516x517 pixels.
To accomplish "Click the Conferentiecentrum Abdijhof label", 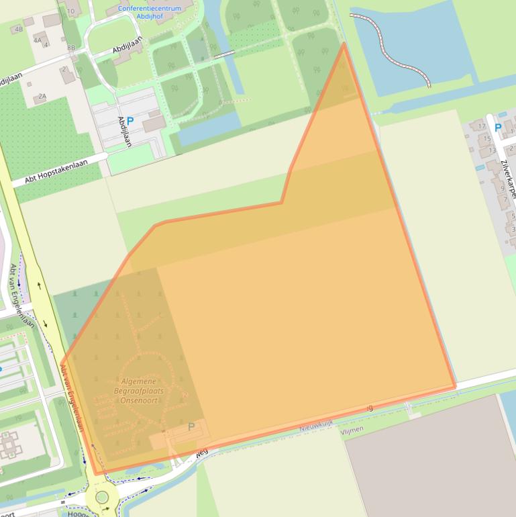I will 149,13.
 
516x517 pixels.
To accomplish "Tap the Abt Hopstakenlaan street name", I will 56,171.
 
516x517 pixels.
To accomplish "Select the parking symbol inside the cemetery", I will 191,426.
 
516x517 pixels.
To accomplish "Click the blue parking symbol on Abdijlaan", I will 130,121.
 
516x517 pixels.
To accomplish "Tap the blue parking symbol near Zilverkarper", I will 498,127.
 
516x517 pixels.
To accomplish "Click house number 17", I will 481,126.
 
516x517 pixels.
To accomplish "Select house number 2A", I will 42,97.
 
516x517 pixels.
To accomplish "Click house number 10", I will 70,11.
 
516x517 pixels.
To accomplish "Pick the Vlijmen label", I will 352,429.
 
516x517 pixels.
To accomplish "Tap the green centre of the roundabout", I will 102,498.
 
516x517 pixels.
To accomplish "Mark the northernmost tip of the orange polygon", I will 344,44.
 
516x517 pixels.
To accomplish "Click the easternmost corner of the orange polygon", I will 456,386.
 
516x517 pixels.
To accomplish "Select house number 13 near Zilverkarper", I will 492,151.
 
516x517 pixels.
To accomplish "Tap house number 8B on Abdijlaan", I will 71,48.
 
